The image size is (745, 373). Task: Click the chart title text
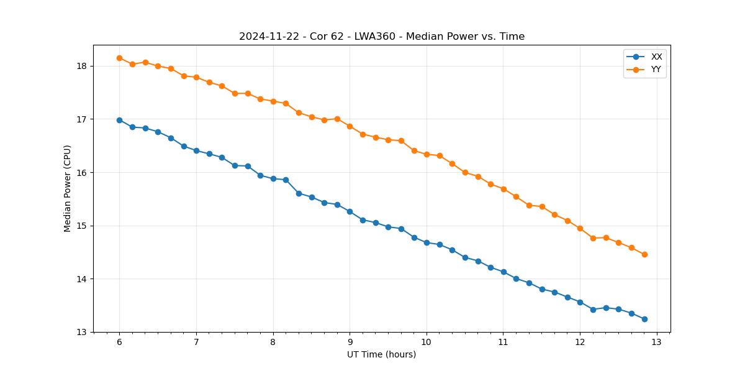382,37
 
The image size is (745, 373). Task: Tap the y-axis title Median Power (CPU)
68,188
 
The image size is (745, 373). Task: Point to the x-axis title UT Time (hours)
381,354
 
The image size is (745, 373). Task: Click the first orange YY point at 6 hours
119,58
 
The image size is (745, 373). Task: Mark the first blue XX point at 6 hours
119,120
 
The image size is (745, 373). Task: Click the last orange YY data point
644,254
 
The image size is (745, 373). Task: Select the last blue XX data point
644,319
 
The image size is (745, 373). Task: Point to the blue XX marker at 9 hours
350,211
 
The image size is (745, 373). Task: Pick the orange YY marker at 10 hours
427,154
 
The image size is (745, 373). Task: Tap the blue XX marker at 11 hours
503,272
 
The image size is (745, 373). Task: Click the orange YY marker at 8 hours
273,101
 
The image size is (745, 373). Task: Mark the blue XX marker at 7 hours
196,150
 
